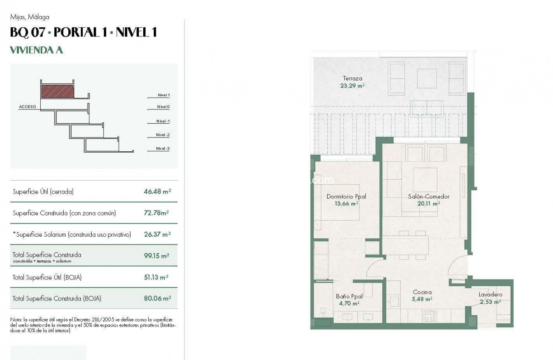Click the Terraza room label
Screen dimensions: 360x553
pos(352,78)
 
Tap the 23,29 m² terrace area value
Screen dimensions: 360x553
pos(352,85)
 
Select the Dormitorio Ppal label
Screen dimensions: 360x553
pos(346,197)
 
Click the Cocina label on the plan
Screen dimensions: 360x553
pos(422,292)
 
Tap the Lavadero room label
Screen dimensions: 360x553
pos(490,295)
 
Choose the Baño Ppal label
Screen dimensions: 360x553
pos(349,296)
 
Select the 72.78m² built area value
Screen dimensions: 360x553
pos(156,213)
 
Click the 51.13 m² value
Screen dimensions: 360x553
pos(156,277)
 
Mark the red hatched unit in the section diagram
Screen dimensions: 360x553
pos(57,91)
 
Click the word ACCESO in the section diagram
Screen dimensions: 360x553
pos(28,107)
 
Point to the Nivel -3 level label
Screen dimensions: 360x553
pos(163,148)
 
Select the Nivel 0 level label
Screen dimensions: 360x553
pos(163,107)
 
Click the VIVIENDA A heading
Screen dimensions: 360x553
pos(36,50)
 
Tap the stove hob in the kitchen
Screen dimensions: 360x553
pos(429,315)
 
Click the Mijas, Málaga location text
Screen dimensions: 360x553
pos(30,17)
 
